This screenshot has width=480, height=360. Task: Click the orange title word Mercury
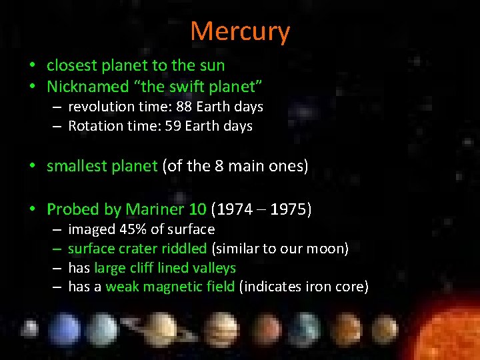pos(240,31)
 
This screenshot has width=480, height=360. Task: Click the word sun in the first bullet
pos(213,65)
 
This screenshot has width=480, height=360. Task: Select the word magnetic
pos(175,287)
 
